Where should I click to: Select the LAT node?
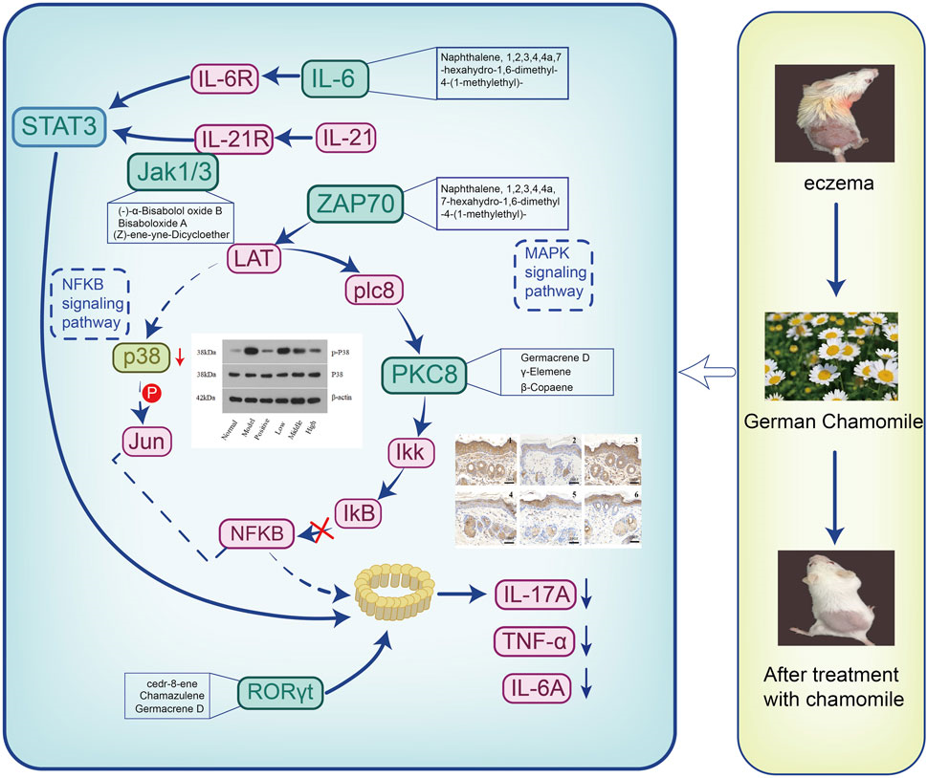(x=251, y=255)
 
